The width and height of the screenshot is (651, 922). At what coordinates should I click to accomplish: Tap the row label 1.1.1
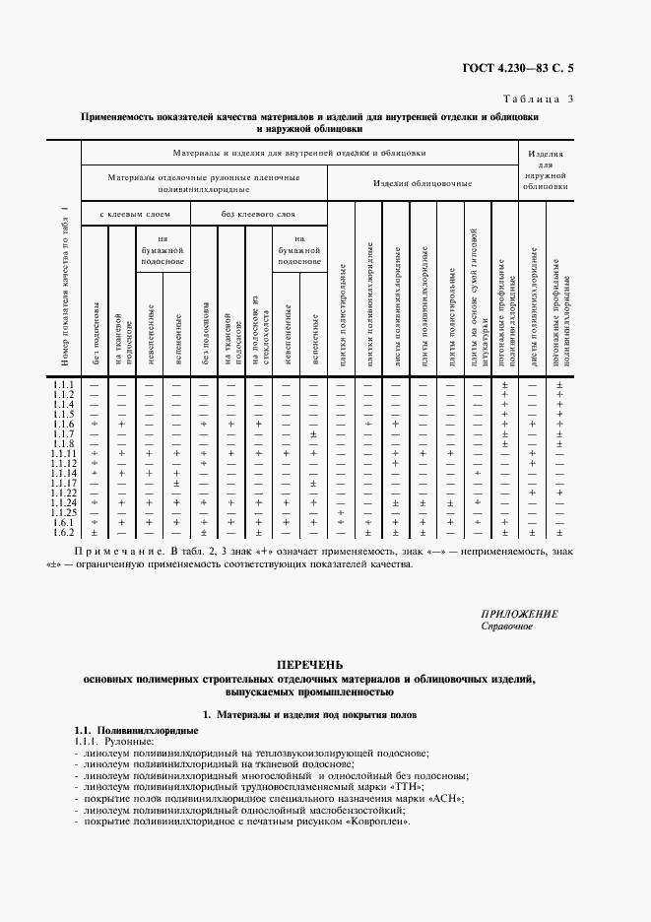(64, 383)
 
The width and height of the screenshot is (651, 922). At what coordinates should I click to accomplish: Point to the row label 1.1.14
(64, 474)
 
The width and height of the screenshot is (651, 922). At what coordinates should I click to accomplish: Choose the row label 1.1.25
(64, 513)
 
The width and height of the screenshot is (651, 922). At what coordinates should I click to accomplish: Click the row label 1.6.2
(64, 533)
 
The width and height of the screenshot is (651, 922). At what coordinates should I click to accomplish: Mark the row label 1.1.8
(64, 443)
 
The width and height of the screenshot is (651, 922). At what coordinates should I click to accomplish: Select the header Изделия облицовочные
(422, 183)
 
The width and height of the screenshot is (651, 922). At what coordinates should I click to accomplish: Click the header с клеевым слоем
(135, 214)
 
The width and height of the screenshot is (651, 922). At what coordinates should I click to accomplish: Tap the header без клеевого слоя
(257, 214)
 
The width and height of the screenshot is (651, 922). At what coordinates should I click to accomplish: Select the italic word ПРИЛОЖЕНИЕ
(520, 614)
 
